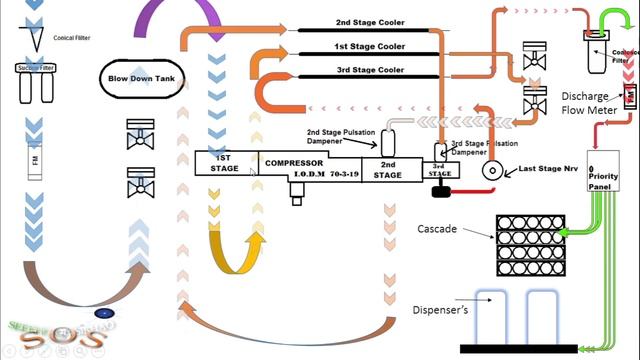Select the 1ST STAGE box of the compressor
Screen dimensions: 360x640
click(x=225, y=163)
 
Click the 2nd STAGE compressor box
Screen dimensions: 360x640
click(x=387, y=169)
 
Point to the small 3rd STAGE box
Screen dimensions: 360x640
click(x=441, y=169)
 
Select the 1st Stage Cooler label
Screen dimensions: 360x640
click(x=370, y=47)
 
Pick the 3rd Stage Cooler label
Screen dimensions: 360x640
click(x=370, y=70)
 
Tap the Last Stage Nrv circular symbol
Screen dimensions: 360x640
click(x=491, y=169)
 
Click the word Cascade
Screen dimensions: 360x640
click(x=437, y=229)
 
